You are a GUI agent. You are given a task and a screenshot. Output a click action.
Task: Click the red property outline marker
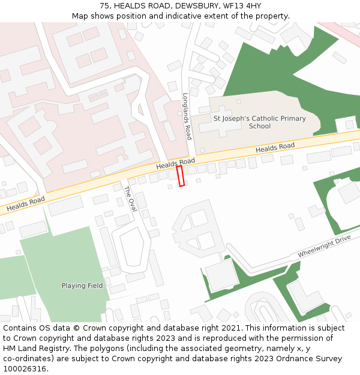point(180,176)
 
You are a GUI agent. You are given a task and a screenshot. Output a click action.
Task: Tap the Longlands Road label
point(187,116)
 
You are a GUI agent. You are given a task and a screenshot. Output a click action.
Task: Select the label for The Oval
point(130,199)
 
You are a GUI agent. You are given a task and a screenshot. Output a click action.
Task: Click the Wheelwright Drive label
point(323,247)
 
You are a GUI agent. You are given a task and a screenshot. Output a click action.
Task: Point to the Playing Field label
point(82,286)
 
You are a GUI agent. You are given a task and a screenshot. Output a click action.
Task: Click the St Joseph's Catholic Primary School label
point(260,122)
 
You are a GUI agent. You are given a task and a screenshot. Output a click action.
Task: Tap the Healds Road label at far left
point(25,205)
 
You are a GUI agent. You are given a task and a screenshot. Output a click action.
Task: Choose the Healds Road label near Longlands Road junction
point(176,163)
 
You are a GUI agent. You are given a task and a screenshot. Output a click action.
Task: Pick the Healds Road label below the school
point(275,148)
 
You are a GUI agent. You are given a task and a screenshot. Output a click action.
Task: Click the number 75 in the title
point(104,6)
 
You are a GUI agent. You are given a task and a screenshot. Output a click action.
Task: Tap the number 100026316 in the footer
point(25,368)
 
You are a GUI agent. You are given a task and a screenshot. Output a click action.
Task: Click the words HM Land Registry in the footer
point(32,348)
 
